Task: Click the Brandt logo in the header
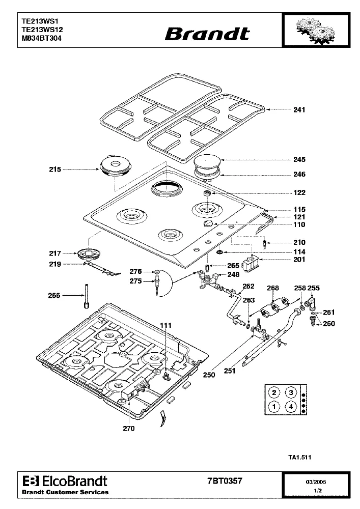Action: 207,34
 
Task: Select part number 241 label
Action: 299,110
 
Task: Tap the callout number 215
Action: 55,169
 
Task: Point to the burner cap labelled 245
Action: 207,161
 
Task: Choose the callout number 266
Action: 54,295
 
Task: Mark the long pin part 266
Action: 87,296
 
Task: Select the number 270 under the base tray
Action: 129,429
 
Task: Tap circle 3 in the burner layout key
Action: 291,392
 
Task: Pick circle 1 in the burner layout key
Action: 274,406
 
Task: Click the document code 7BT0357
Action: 225,481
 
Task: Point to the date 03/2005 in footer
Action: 316,482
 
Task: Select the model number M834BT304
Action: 42,38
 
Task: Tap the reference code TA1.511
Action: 299,457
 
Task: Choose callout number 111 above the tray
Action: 165,325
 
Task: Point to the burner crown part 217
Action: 88,254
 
